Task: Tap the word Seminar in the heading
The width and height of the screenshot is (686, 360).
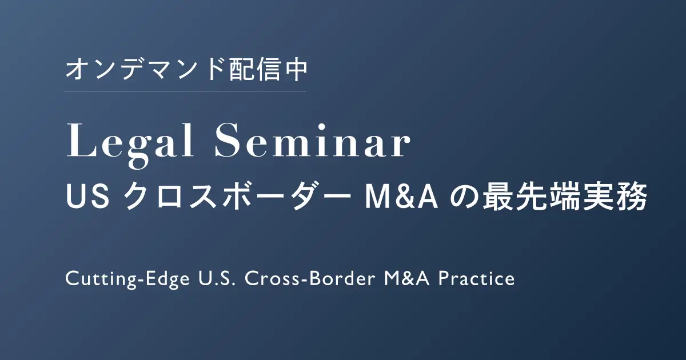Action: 312,140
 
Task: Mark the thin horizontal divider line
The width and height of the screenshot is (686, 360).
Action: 186,91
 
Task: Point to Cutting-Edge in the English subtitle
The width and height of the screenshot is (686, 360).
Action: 127,279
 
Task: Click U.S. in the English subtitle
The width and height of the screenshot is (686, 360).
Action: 217,279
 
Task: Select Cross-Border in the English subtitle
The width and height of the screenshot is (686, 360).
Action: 310,279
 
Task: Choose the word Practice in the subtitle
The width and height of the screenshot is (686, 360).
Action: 477,279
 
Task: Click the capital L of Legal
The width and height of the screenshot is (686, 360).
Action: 80,140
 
